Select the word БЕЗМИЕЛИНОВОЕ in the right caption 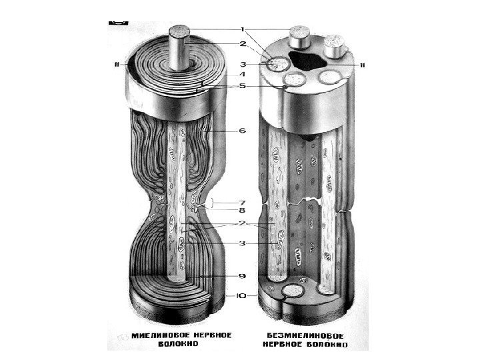(309, 335)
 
